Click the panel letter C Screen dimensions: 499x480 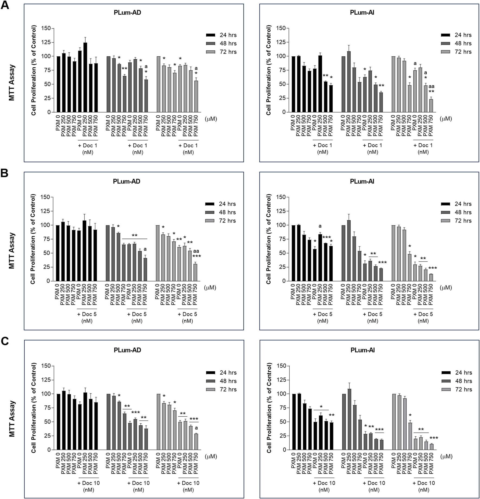click(x=5, y=342)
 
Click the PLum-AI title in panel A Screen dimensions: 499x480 click(x=362, y=12)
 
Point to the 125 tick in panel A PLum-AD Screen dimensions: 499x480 click(x=46, y=42)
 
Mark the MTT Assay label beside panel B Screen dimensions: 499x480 click(x=12, y=251)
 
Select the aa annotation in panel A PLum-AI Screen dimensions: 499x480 click(x=431, y=86)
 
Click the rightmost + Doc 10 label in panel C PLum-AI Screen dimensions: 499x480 click(x=424, y=483)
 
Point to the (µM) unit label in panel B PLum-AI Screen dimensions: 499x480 click(x=446, y=287)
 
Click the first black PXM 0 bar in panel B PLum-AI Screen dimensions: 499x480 click(x=293, y=253)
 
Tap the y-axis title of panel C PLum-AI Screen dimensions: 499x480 click(x=269, y=408)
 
